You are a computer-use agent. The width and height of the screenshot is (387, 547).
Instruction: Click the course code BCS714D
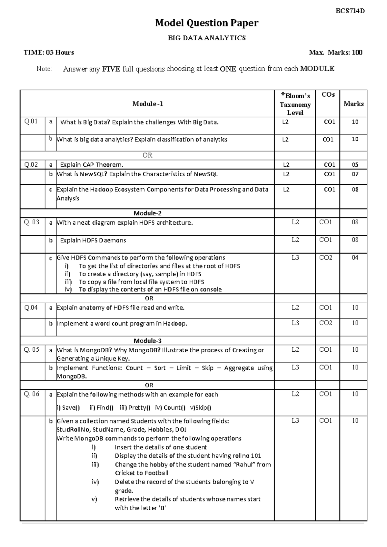[350, 11]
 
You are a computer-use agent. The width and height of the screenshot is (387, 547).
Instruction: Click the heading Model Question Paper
[207, 23]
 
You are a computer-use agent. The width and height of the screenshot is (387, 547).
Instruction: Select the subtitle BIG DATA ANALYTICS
[207, 38]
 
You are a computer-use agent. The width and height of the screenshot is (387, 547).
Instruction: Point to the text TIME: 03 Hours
[49, 53]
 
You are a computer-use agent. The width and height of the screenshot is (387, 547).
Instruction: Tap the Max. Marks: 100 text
[335, 53]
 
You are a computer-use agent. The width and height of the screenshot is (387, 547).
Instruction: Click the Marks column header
[353, 104]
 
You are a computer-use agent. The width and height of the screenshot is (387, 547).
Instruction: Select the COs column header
[328, 95]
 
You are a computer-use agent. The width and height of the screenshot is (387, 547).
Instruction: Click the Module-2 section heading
[147, 213]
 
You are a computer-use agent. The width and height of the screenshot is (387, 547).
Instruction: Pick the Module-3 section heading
[147, 341]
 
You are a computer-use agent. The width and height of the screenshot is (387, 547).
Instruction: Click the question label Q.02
[31, 165]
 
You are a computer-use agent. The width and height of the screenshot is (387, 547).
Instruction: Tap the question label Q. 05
[32, 350]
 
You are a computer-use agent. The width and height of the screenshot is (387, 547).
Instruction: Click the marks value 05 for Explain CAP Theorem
[355, 165]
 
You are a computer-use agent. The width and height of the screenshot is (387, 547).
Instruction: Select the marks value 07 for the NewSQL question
[355, 174]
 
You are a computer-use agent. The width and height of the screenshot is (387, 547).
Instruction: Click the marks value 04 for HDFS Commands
[355, 258]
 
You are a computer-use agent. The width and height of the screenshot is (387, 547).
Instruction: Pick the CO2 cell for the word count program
[325, 323]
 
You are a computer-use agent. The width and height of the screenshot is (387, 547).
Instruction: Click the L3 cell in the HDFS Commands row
[295, 258]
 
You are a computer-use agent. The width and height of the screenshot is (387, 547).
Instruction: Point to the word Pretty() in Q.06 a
[139, 407]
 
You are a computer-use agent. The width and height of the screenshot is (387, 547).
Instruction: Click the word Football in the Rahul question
[156, 473]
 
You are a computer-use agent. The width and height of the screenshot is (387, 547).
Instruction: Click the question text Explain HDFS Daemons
[93, 240]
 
